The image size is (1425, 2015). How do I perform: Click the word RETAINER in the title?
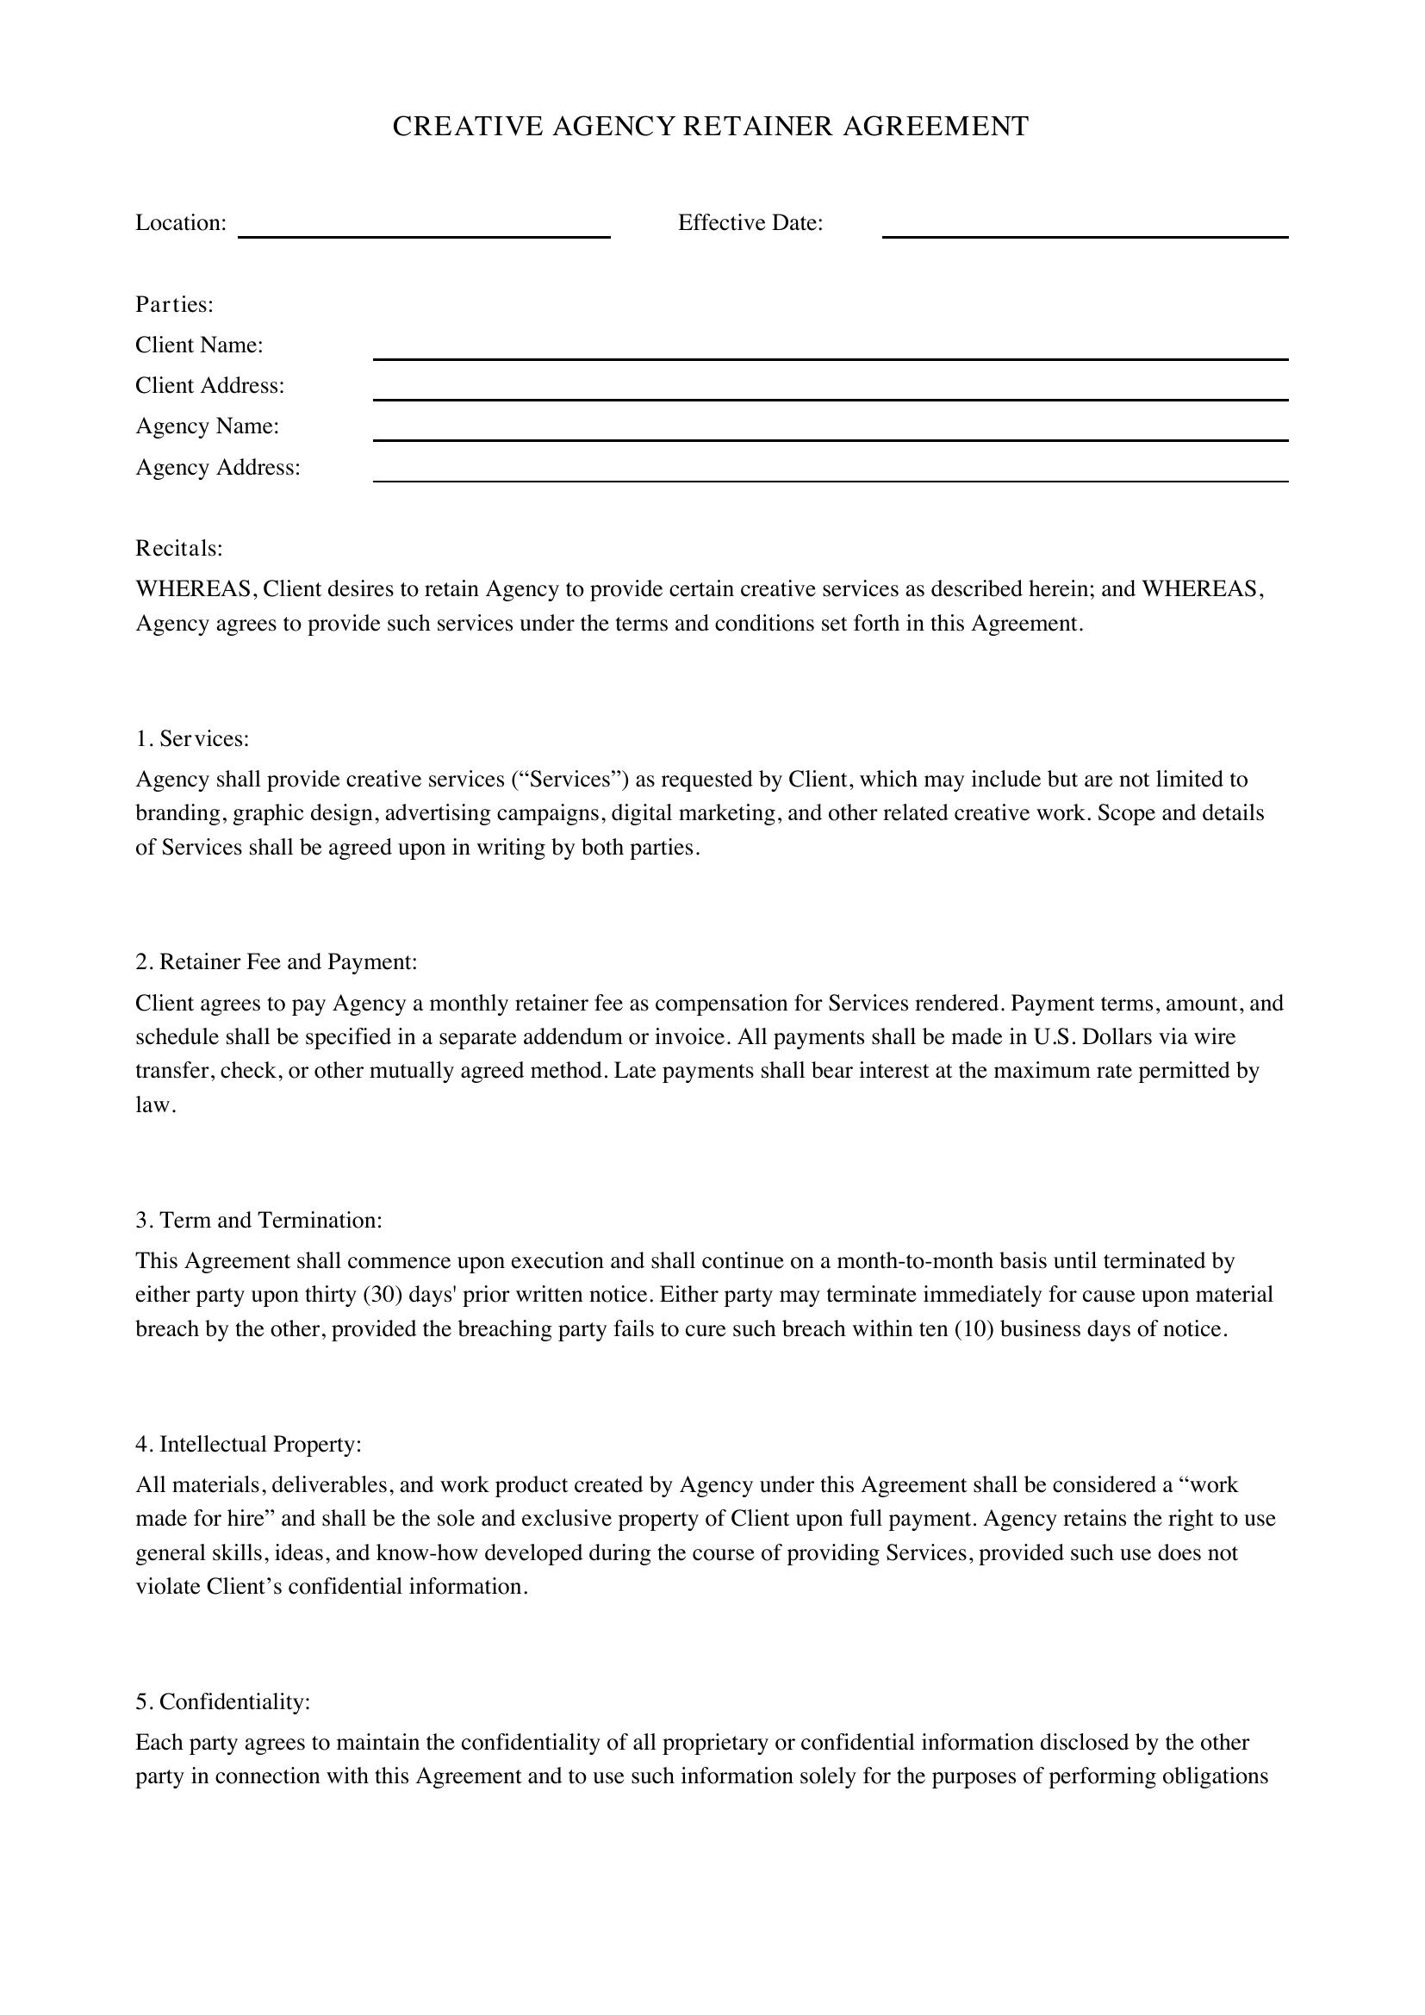click(x=756, y=127)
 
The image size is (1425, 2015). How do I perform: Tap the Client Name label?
click(x=199, y=345)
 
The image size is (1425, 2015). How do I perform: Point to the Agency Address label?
click(x=218, y=467)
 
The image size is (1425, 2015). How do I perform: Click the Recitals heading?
click(x=179, y=548)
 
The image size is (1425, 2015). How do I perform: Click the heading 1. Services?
click(x=192, y=738)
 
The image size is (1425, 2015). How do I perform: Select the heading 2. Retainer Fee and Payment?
click(x=276, y=962)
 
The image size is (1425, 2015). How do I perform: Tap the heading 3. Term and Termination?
click(x=258, y=1220)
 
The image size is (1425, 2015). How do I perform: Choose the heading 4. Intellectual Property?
click(x=248, y=1444)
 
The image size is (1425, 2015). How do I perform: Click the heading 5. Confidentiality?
click(x=223, y=1701)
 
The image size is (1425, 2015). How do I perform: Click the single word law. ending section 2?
click(x=155, y=1105)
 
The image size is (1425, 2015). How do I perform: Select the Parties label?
click(x=175, y=304)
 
